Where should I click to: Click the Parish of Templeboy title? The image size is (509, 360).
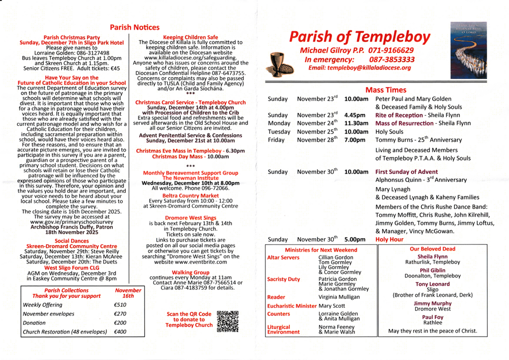(x=360, y=37)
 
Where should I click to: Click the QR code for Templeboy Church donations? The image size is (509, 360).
(x=228, y=321)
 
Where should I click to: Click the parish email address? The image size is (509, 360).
(x=359, y=68)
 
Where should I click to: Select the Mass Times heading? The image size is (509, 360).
(x=386, y=90)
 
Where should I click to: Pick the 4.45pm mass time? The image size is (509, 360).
(x=356, y=115)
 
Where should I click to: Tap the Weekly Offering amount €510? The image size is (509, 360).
(x=120, y=305)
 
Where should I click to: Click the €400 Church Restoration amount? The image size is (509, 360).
(x=120, y=332)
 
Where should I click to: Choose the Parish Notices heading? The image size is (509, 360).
(x=135, y=28)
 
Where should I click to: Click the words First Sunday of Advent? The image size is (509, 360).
(x=407, y=172)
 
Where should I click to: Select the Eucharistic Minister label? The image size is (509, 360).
(x=292, y=306)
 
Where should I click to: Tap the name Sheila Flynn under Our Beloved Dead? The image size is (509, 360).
(x=432, y=257)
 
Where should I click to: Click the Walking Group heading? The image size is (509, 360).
(x=190, y=272)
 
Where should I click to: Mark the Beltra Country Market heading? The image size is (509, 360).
(x=190, y=196)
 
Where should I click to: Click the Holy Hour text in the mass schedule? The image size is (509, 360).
(x=389, y=239)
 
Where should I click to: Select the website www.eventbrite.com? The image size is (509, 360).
(x=190, y=262)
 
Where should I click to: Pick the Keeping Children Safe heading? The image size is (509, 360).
(x=190, y=37)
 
